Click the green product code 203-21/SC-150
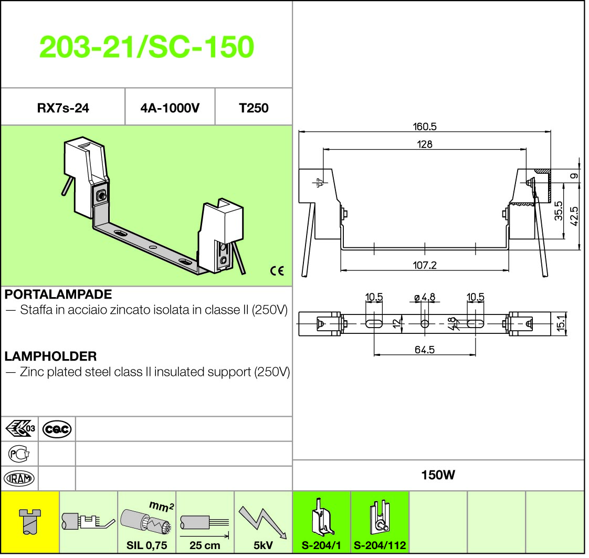pyautogui.click(x=146, y=47)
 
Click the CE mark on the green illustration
pyautogui.click(x=277, y=271)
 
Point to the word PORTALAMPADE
pyautogui.click(x=58, y=294)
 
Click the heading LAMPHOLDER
pyautogui.click(x=51, y=356)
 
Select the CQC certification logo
pyautogui.click(x=57, y=429)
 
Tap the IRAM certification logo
pyautogui.click(x=19, y=478)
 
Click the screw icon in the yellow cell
pyautogui.click(x=30, y=521)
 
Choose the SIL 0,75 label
pyautogui.click(x=146, y=545)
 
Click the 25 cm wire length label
pyautogui.click(x=205, y=545)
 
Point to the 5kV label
pyautogui.click(x=263, y=545)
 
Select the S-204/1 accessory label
pyautogui.click(x=321, y=545)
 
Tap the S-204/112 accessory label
pyautogui.click(x=380, y=545)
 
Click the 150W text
pyautogui.click(x=438, y=475)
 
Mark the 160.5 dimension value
pyautogui.click(x=425, y=127)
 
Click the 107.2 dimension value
pyautogui.click(x=425, y=265)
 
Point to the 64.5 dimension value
pyautogui.click(x=425, y=350)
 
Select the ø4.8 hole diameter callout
pyautogui.click(x=425, y=298)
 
